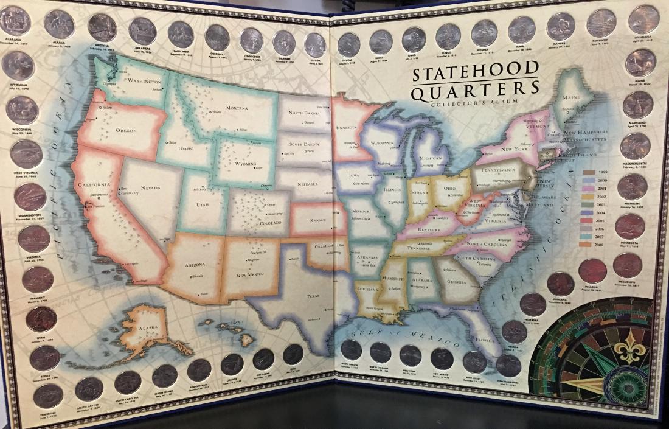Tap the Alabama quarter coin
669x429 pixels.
[x=15, y=21]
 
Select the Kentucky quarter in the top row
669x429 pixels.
[x=601, y=23]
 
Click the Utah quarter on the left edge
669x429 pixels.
[x=41, y=319]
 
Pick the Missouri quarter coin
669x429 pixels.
[x=592, y=271]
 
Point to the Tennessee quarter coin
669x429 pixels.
[x=48, y=396]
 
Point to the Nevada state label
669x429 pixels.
[x=150, y=188]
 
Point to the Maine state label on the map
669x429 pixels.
[x=571, y=97]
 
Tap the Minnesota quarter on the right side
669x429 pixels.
[x=629, y=226]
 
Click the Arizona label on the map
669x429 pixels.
[x=192, y=265]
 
